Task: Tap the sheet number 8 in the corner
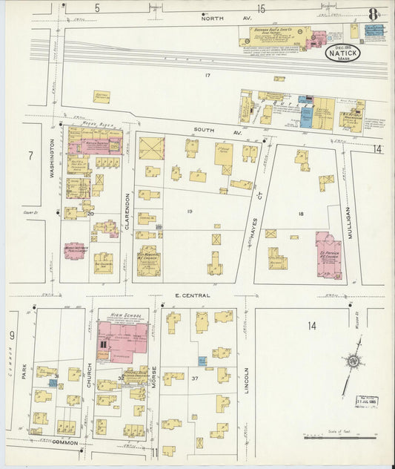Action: [373, 13]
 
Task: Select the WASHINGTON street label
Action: [53, 159]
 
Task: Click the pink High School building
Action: [122, 341]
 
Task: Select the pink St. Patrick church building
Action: [328, 255]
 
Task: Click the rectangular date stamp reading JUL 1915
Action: [366, 401]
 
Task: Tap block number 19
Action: [190, 212]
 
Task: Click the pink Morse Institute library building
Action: [75, 251]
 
